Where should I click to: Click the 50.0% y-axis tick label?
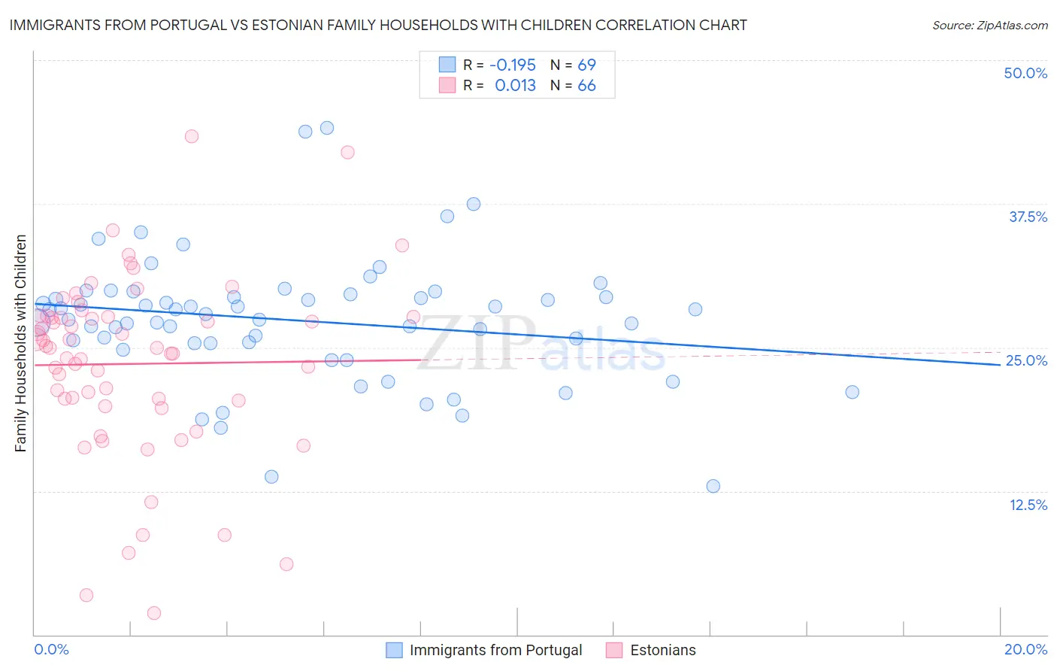(x=1025, y=73)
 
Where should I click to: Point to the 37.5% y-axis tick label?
(x=1028, y=217)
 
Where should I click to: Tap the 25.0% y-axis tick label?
(x=1026, y=360)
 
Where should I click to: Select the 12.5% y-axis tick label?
(x=1028, y=505)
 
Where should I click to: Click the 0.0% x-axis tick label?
(x=51, y=649)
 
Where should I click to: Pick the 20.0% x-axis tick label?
(x=1025, y=649)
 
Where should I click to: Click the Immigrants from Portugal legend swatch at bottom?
(x=394, y=650)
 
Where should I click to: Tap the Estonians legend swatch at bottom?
(x=614, y=650)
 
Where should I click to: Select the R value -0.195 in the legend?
(x=512, y=65)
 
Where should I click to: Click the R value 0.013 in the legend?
(x=515, y=86)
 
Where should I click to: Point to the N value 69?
(x=586, y=65)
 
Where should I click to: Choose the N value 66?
(x=586, y=86)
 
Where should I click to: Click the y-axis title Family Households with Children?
(x=21, y=343)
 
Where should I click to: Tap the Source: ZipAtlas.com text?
(x=989, y=26)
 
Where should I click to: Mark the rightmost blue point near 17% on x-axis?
(x=852, y=392)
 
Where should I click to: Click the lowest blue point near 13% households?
(x=713, y=486)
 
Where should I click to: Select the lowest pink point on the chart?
(x=154, y=613)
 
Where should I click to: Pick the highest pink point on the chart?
(x=192, y=136)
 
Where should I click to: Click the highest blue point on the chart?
(x=327, y=128)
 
